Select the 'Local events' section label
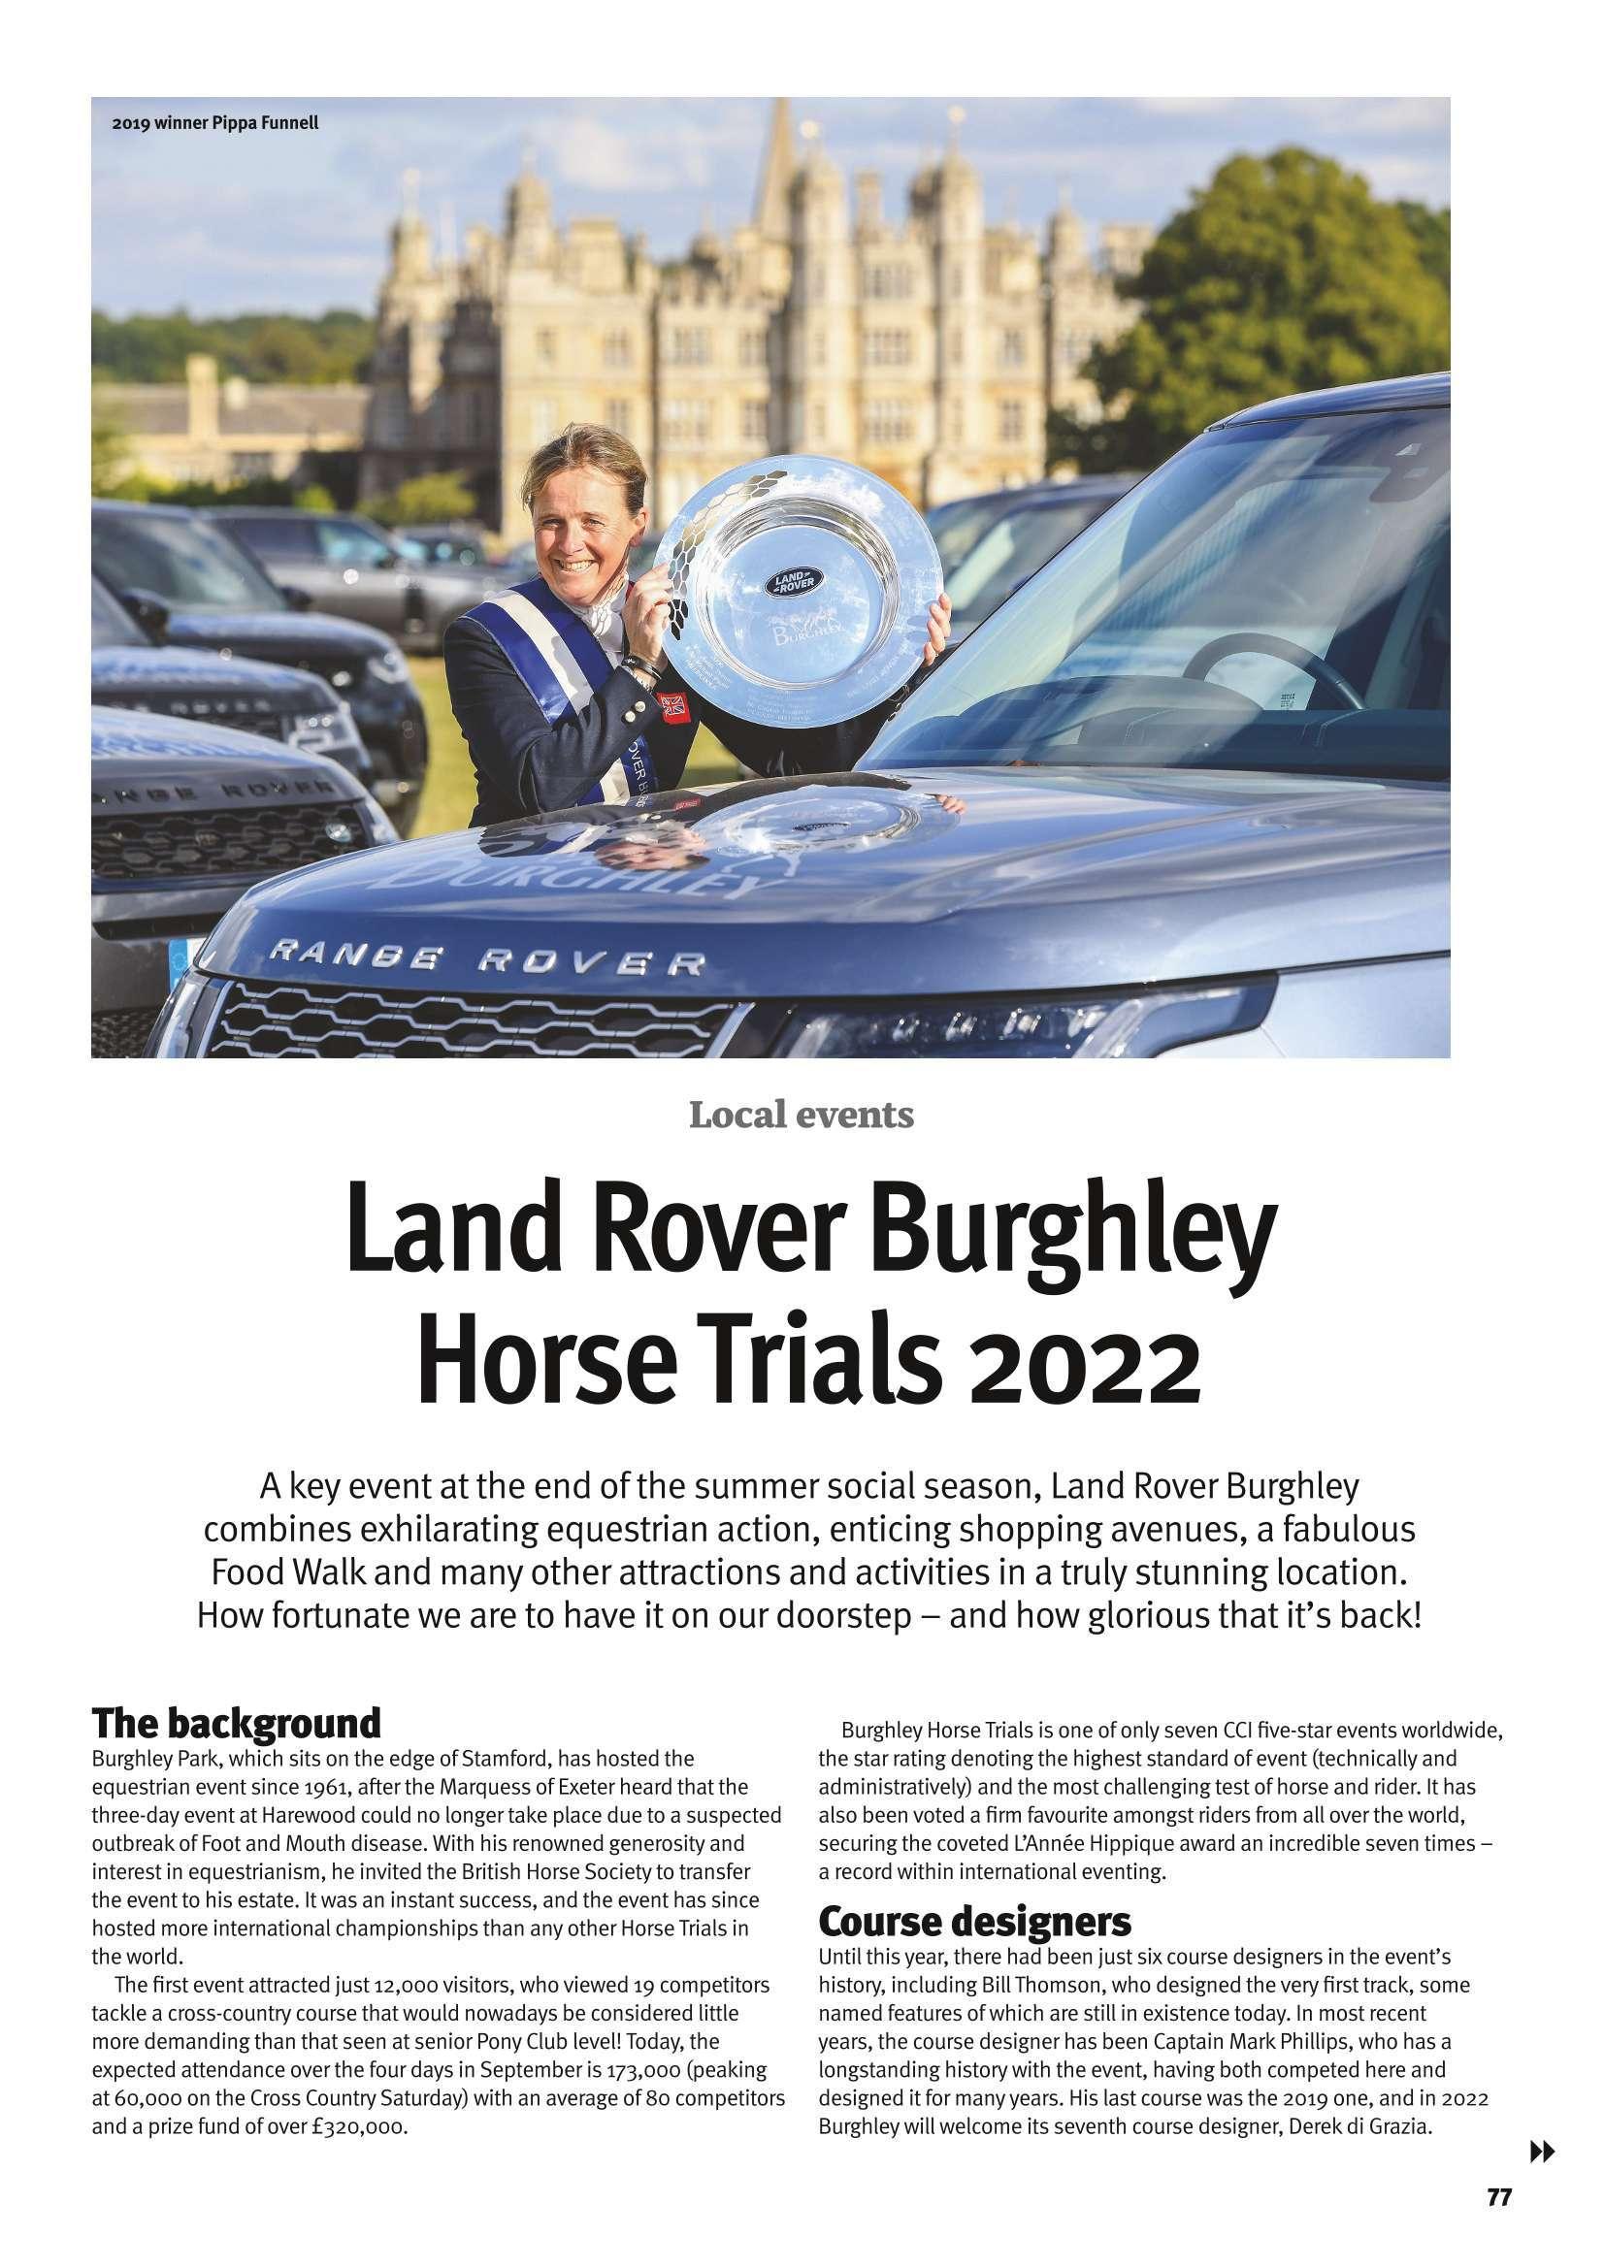(801, 1118)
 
